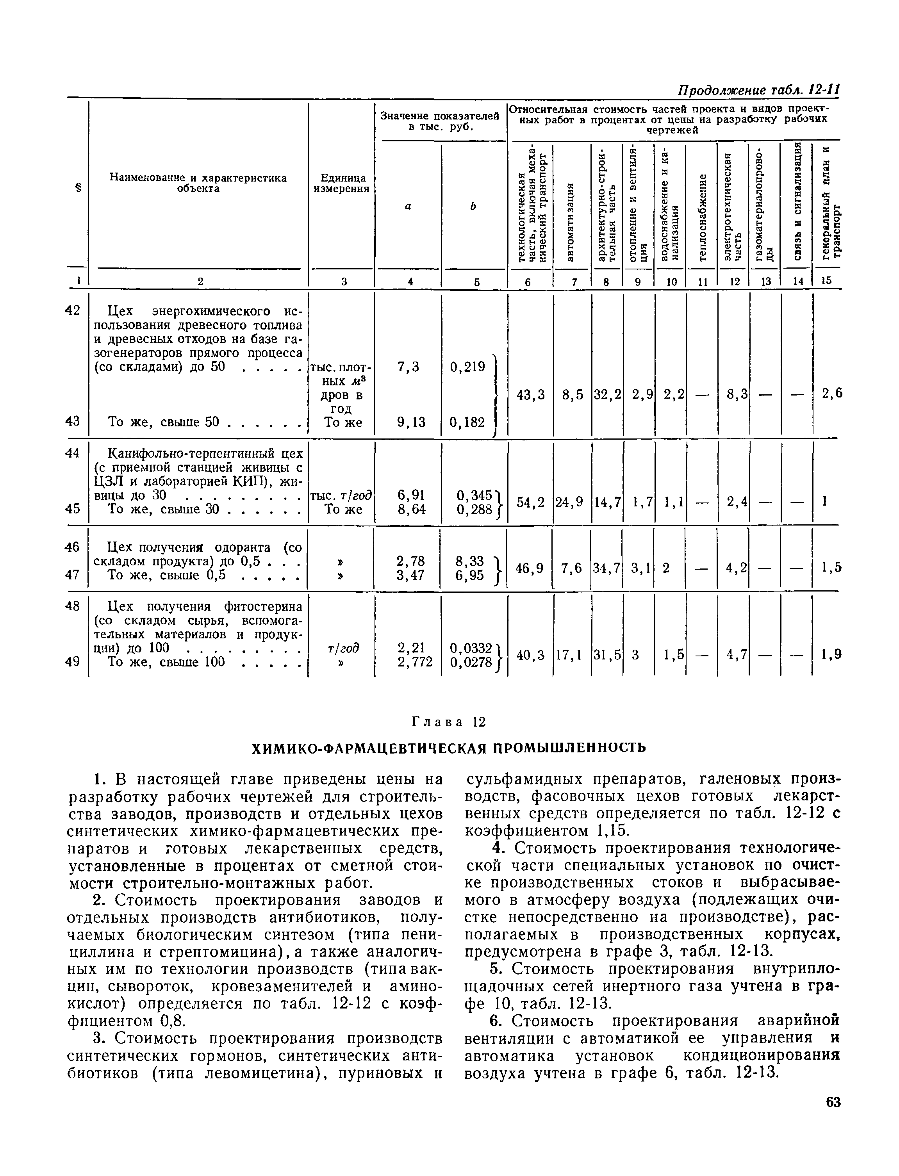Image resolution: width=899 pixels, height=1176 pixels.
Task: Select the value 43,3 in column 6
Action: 530,394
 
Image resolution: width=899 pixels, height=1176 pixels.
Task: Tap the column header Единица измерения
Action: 342,183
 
